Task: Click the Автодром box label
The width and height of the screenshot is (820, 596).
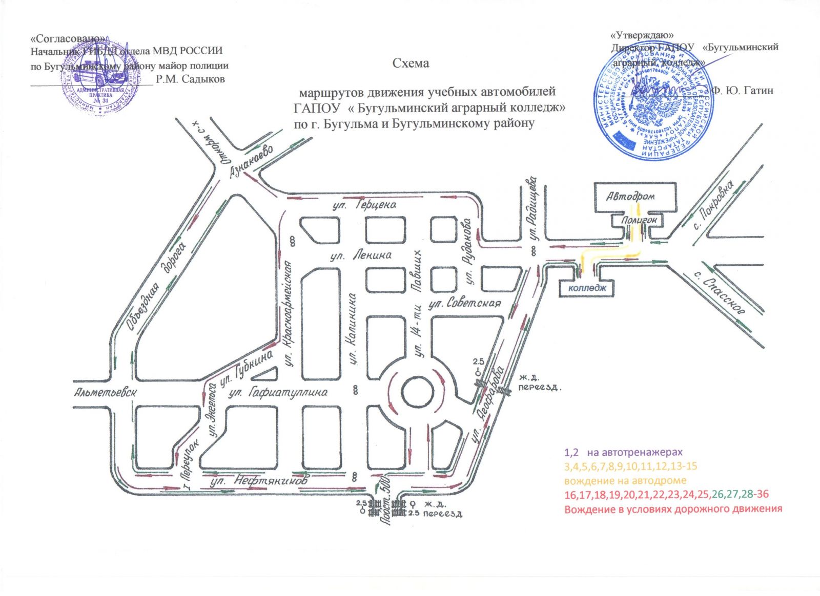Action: pyautogui.click(x=630, y=196)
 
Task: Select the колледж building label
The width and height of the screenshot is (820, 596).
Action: pyautogui.click(x=587, y=288)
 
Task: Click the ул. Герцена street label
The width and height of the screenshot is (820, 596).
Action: pyautogui.click(x=361, y=205)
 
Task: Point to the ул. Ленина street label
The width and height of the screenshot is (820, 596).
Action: pyautogui.click(x=361, y=254)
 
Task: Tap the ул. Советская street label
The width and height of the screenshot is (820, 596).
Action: pyautogui.click(x=464, y=303)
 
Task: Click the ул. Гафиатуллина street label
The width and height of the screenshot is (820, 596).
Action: pyautogui.click(x=278, y=392)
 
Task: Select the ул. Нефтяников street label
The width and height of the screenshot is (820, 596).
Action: pyautogui.click(x=259, y=481)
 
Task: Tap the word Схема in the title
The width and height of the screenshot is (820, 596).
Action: pyautogui.click(x=410, y=63)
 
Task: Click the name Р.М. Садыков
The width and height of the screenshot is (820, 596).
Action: pyautogui.click(x=190, y=79)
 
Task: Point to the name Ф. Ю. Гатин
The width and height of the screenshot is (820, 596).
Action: pyautogui.click(x=743, y=90)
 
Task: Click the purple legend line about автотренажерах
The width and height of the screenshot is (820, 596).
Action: pyautogui.click(x=624, y=453)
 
